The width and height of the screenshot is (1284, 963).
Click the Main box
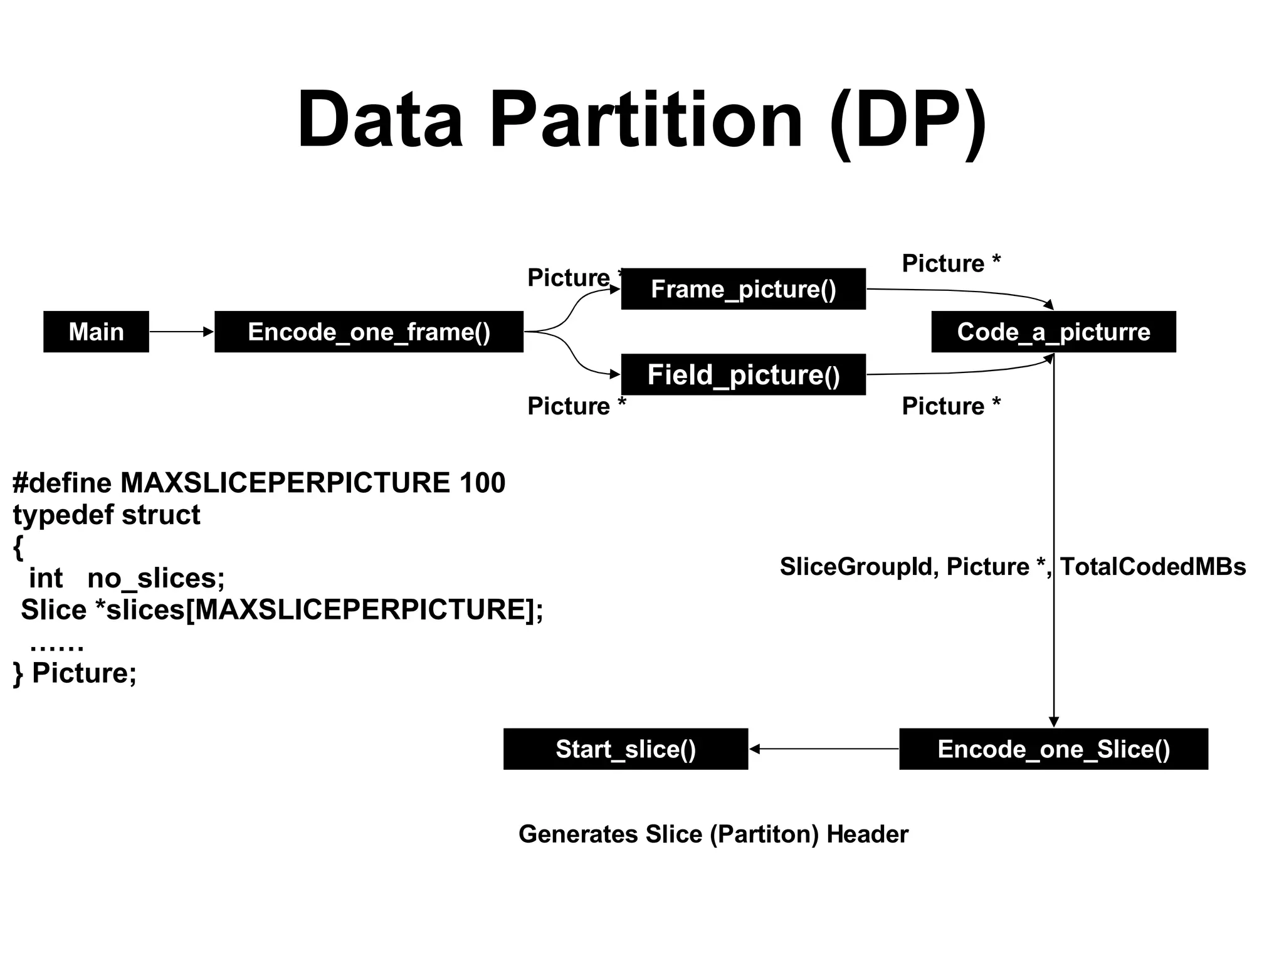(96, 332)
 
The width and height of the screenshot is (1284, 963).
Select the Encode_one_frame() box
(369, 332)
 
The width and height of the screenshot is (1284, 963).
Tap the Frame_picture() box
(743, 289)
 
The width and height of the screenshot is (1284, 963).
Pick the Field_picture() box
(743, 375)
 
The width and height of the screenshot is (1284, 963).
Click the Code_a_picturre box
(1053, 332)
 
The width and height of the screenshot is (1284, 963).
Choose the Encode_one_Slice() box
(1053, 749)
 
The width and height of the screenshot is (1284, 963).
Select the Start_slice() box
(626, 749)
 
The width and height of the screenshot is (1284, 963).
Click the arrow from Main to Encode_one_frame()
(182, 332)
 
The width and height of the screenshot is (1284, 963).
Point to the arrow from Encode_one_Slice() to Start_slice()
(824, 749)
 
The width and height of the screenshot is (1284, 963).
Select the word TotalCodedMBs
(1152, 567)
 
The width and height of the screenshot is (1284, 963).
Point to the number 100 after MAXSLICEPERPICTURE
(482, 483)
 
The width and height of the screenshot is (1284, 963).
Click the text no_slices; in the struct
(155, 578)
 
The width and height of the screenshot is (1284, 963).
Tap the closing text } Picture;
(75, 673)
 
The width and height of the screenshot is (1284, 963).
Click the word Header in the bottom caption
(867, 834)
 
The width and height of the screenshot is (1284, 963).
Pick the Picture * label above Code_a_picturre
(950, 263)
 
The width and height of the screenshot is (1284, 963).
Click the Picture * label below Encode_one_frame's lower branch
(576, 406)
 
